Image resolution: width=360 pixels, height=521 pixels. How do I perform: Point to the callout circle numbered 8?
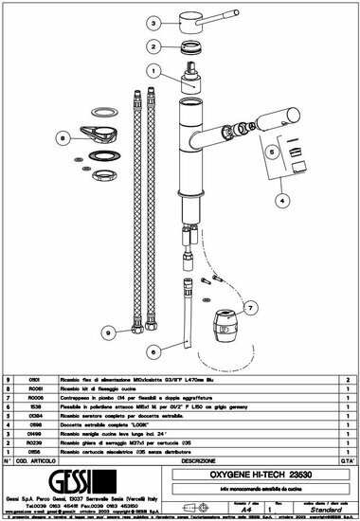click(x=63, y=138)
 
